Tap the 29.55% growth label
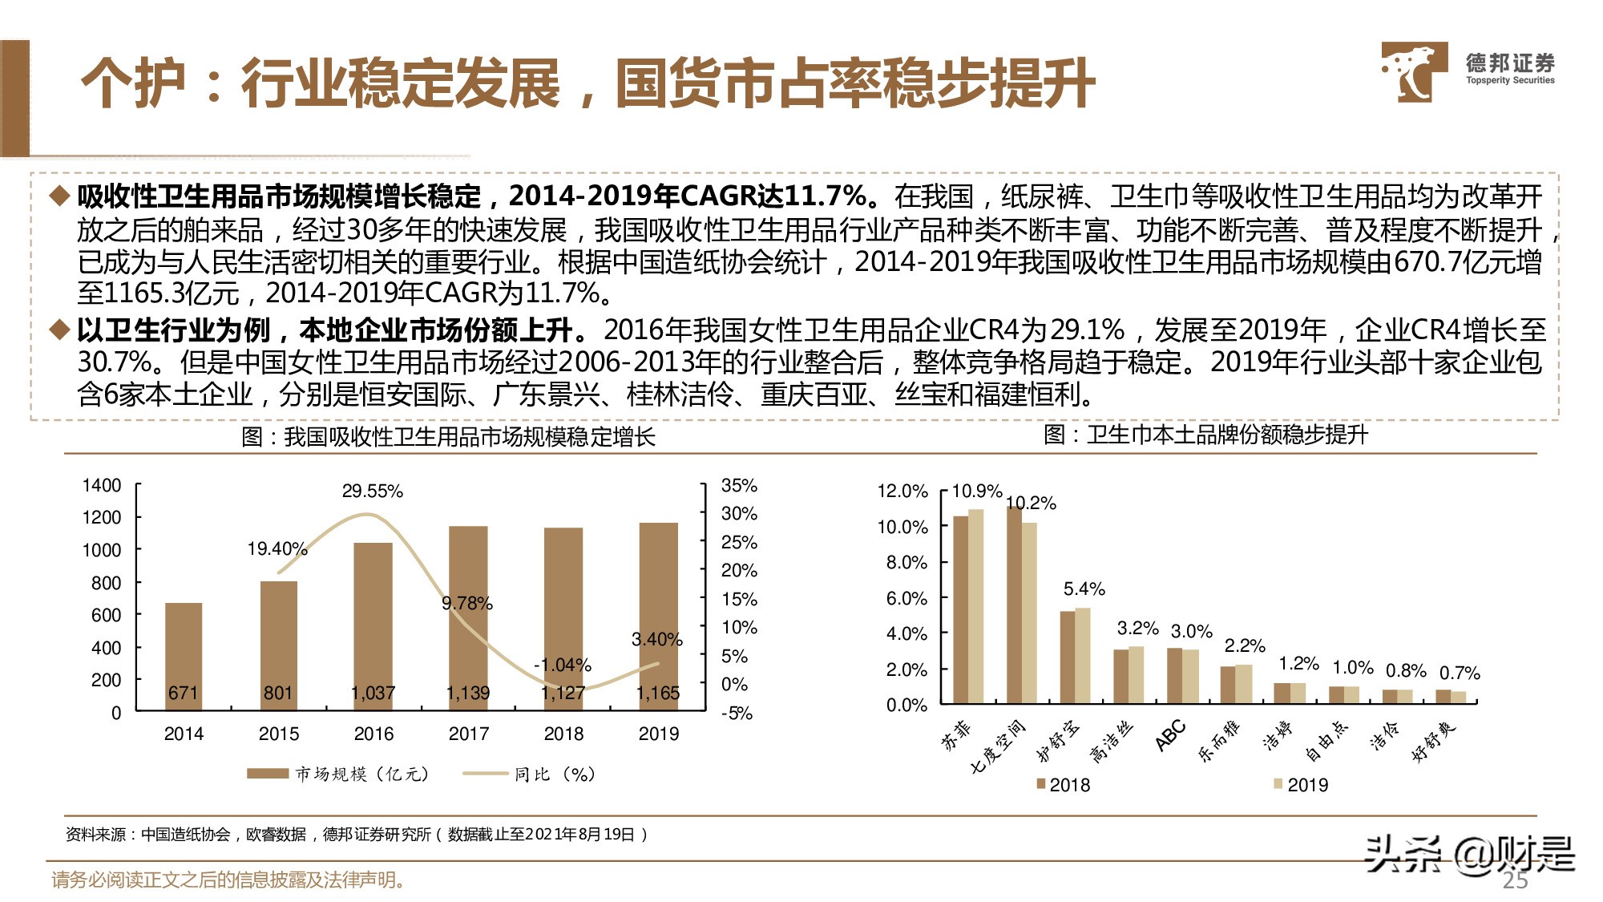click(x=372, y=491)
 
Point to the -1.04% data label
click(x=563, y=665)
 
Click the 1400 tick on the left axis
click(x=102, y=485)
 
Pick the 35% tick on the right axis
click(x=739, y=485)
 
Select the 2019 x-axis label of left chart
click(x=658, y=734)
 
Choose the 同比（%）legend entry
click(x=530, y=774)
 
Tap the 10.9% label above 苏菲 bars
click(x=976, y=491)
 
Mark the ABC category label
click(x=1170, y=735)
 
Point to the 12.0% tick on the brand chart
click(x=902, y=491)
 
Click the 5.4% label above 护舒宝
click(x=1084, y=589)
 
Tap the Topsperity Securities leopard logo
click(x=1412, y=72)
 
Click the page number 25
click(x=1515, y=880)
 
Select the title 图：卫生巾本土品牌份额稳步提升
click(x=1205, y=435)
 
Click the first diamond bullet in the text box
click(x=59, y=196)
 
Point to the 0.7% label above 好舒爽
click(x=1460, y=673)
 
